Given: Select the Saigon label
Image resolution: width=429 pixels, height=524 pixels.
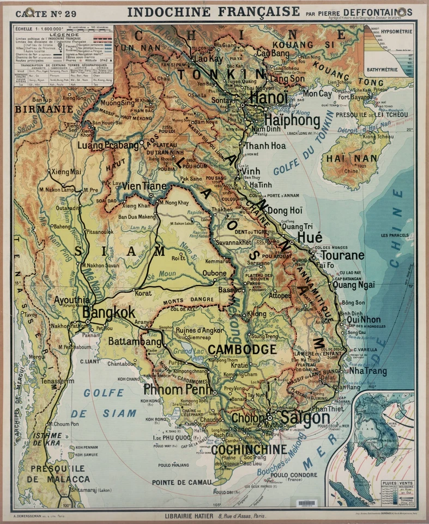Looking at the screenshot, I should [305, 418].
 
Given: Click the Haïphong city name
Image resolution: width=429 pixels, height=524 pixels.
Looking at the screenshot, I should [292, 120].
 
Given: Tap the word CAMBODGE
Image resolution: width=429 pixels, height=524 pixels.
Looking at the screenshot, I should [242, 349].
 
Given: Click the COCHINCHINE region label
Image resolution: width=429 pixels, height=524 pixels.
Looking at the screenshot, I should [249, 449].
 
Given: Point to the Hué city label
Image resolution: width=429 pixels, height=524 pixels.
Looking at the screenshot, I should [309, 237].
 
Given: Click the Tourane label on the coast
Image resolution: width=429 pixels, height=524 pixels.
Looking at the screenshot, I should [342, 255].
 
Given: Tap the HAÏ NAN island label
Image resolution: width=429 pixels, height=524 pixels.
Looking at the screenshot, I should [352, 159].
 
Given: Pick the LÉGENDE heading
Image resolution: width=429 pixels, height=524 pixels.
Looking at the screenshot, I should [64, 34].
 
